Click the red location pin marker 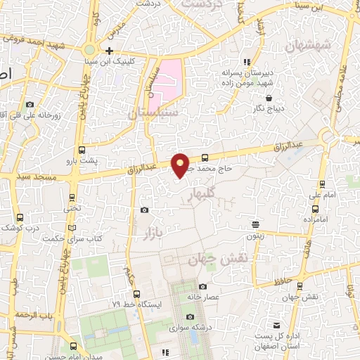pyautogui.click(x=181, y=165)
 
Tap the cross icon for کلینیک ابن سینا pyautogui.click(x=109, y=51)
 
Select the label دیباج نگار pyautogui.click(x=269, y=108)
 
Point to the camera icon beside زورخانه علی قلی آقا pyautogui.click(x=30, y=104)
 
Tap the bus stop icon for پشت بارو pyautogui.click(x=82, y=150)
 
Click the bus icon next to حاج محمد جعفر pyautogui.click(x=205, y=157)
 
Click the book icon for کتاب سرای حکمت pyautogui.click(x=70, y=229)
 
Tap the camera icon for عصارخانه pyautogui.click(x=203, y=287)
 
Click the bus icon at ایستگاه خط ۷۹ pyautogui.click(x=136, y=295)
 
